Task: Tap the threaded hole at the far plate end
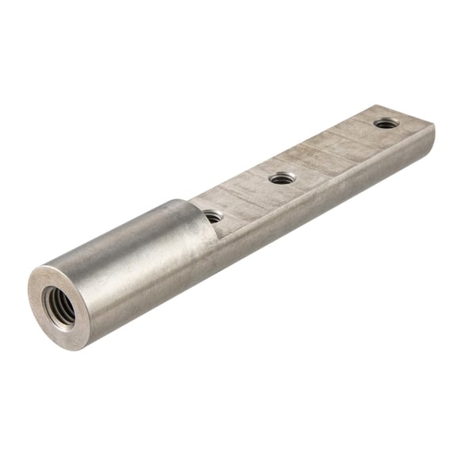(386, 123)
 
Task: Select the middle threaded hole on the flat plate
(282, 178)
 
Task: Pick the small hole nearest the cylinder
(213, 215)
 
